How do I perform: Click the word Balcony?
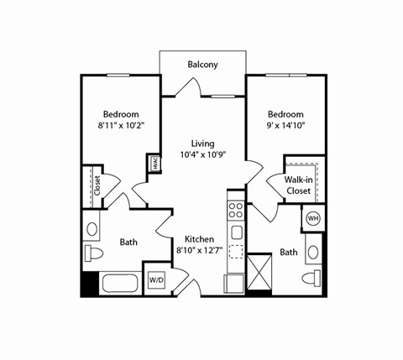203,64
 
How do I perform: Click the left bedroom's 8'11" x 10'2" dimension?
121,127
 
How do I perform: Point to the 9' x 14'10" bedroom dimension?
285,127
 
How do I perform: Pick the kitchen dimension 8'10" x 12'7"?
199,250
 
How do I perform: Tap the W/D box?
157,279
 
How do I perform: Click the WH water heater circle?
313,219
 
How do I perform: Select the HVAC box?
154,164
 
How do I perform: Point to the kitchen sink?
237,232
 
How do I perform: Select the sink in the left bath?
92,227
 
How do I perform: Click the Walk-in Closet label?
297,185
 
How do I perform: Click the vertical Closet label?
97,185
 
